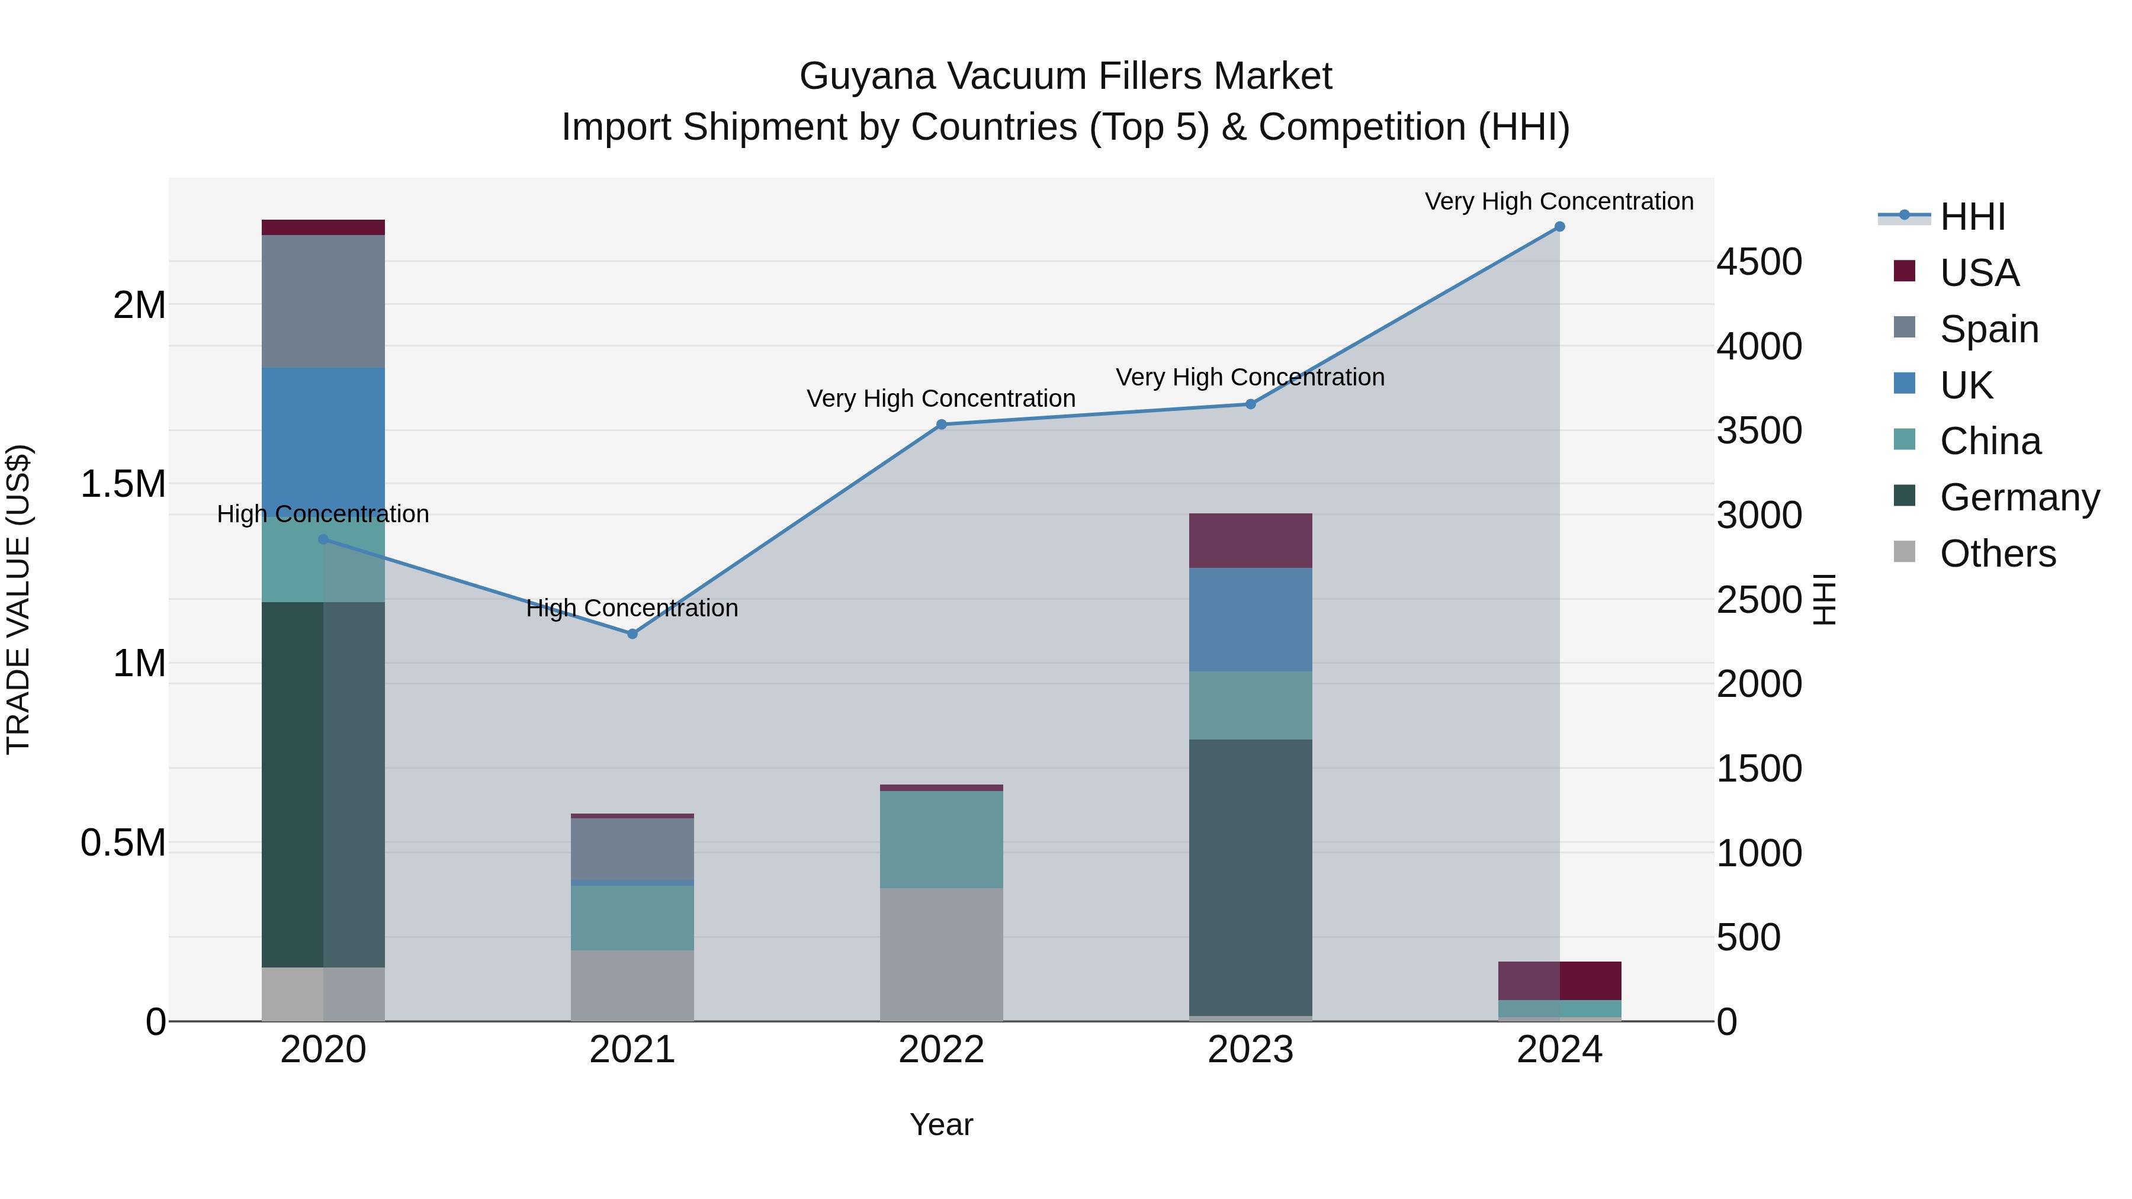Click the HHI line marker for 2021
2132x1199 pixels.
[x=632, y=634]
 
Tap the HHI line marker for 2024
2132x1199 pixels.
[x=1559, y=227]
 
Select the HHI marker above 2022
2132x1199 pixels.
[x=941, y=425]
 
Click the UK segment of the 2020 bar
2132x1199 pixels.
[x=323, y=439]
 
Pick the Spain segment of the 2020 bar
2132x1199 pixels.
[x=323, y=301]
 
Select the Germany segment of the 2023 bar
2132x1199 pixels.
[x=1250, y=877]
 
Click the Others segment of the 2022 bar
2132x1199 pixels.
[x=941, y=954]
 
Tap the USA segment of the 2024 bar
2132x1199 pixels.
[x=1559, y=981]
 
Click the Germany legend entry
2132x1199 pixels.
[x=2019, y=497]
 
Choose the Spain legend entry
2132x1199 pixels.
[x=1989, y=329]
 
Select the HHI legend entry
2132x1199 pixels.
[x=1972, y=217]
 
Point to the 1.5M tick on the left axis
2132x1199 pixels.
[x=123, y=484]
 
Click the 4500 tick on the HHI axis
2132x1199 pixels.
[x=1759, y=262]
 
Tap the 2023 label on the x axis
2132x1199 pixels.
[x=1250, y=1050]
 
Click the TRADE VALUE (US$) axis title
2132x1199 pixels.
[x=18, y=599]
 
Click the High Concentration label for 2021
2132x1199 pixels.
[x=632, y=608]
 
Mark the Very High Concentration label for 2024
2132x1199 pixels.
[x=1559, y=201]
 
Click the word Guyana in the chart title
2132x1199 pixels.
[x=869, y=76]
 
